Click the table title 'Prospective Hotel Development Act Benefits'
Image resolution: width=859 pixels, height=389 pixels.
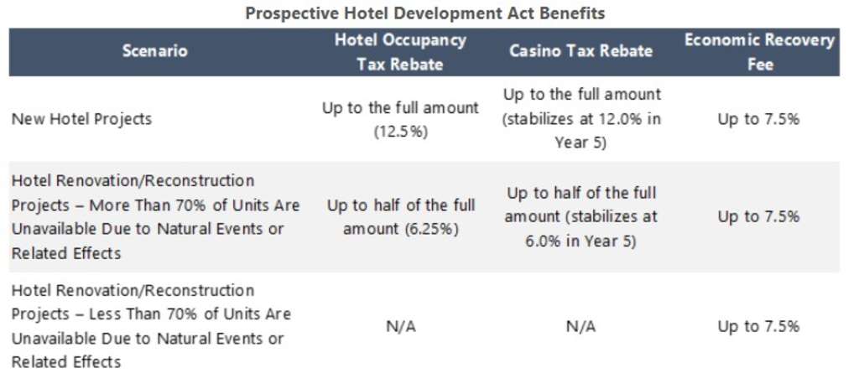click(424, 13)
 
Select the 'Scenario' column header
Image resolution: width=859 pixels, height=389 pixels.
click(155, 51)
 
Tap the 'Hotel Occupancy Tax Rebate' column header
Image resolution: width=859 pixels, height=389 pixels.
click(400, 52)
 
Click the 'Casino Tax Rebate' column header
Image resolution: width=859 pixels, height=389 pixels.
click(580, 51)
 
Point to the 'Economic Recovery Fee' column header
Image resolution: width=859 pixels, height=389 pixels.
click(759, 52)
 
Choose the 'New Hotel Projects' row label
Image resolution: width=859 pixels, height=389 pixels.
click(81, 119)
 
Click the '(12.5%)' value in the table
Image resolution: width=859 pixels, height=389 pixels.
click(400, 132)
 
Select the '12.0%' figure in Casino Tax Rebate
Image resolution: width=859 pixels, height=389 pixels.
click(622, 119)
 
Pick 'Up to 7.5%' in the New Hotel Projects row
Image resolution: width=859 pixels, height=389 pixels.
click(758, 119)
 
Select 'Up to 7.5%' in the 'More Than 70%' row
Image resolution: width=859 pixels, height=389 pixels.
click(758, 216)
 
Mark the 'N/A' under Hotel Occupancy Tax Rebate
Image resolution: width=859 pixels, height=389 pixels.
click(400, 327)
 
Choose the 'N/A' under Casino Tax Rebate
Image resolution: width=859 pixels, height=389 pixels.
click(580, 327)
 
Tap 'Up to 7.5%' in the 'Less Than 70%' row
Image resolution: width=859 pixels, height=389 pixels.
click(758, 327)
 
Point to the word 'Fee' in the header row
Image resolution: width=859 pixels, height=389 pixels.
click(759, 65)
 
